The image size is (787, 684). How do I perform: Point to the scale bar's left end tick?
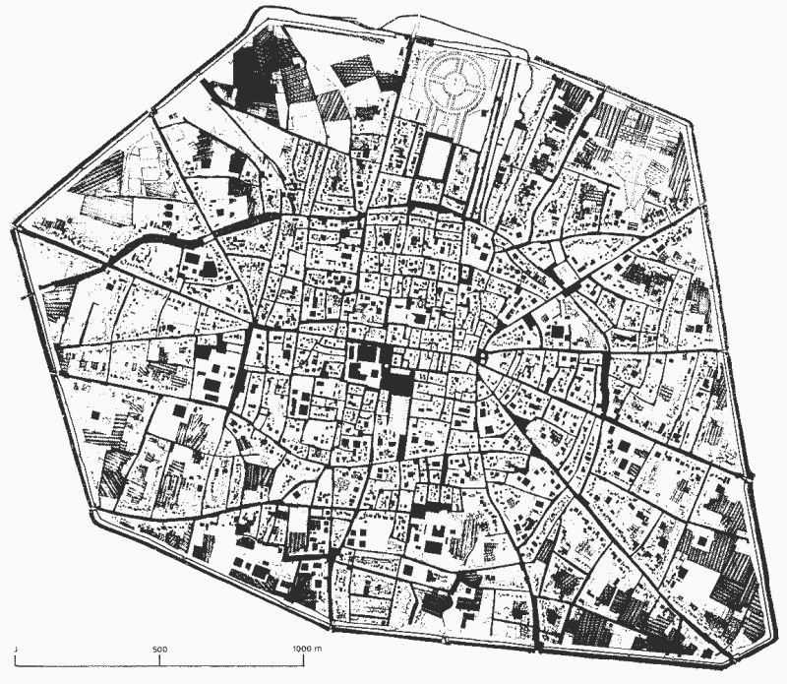click(18, 660)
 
